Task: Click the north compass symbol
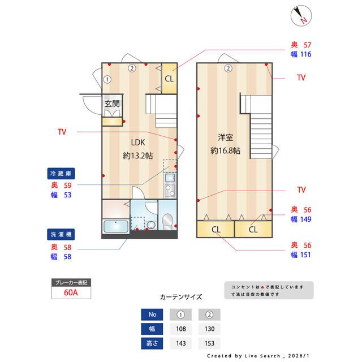302,15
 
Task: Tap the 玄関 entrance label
112,104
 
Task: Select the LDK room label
138,143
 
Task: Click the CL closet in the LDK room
169,79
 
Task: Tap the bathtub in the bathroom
115,227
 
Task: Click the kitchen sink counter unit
170,185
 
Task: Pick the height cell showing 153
209,343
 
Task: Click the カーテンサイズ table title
180,296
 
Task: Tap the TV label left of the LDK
62,132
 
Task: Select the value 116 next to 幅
306,55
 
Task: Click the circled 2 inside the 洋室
227,68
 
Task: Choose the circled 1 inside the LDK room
107,79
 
